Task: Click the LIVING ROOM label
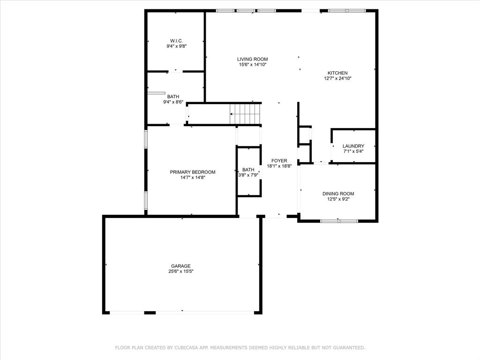[252, 59]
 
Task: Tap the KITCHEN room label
[337, 73]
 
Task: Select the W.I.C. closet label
[176, 40]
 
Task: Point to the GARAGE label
[180, 266]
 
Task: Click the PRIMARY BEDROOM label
[193, 172]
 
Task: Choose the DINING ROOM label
[338, 194]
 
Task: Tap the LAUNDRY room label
[353, 146]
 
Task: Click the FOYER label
[279, 161]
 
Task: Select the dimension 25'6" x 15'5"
[180, 271]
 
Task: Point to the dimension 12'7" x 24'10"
[337, 78]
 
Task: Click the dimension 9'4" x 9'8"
[176, 46]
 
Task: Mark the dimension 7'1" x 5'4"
[353, 151]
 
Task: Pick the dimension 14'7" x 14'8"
[193, 178]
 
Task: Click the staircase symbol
[245, 114]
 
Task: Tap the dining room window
[339, 220]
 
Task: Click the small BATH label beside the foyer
[248, 170]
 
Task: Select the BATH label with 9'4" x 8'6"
[173, 97]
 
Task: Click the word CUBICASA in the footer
[186, 348]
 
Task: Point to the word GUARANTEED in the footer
[347, 348]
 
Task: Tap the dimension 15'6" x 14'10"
[252, 65]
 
